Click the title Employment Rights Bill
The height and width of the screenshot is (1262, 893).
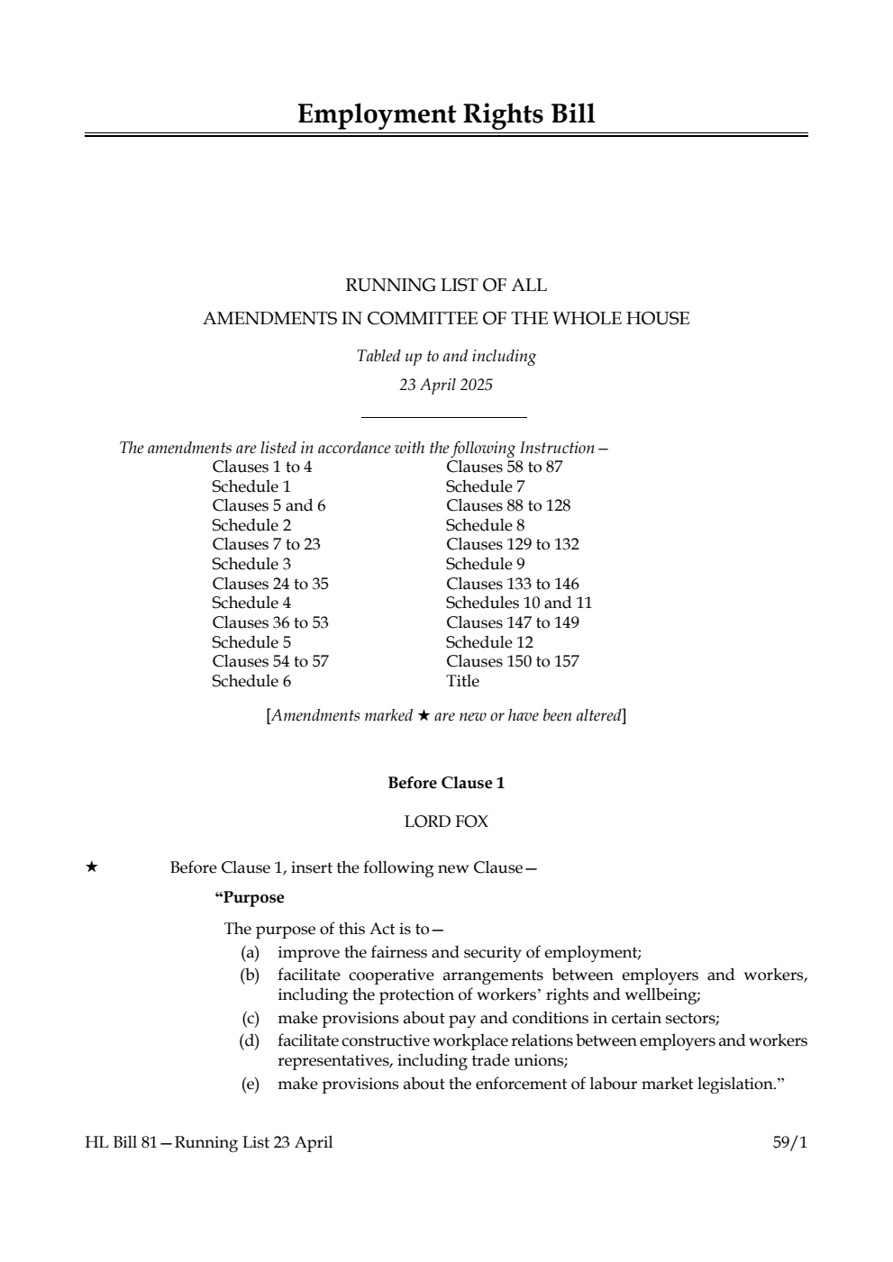(x=446, y=114)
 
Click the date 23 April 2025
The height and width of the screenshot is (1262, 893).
(x=446, y=386)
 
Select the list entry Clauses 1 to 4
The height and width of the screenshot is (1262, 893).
(x=262, y=467)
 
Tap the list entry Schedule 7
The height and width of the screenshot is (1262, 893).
(x=485, y=486)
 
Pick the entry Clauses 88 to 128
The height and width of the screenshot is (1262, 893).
(x=508, y=505)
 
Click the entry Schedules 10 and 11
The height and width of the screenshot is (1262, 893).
(x=519, y=603)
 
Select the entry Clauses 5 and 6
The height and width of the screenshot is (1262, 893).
(x=269, y=505)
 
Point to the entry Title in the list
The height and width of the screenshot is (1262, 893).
(x=462, y=681)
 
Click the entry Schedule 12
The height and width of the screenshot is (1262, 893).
(x=489, y=642)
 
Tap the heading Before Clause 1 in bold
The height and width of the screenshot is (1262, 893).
(x=446, y=783)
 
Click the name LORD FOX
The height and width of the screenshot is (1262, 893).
(x=446, y=822)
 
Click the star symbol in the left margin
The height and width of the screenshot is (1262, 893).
(x=91, y=867)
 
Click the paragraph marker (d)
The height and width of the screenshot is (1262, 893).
(x=250, y=1041)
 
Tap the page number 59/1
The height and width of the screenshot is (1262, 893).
(x=789, y=1142)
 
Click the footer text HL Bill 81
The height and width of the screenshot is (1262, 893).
(x=121, y=1142)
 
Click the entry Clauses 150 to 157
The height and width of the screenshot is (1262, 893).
(x=513, y=661)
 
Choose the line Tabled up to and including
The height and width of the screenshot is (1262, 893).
(x=446, y=356)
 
